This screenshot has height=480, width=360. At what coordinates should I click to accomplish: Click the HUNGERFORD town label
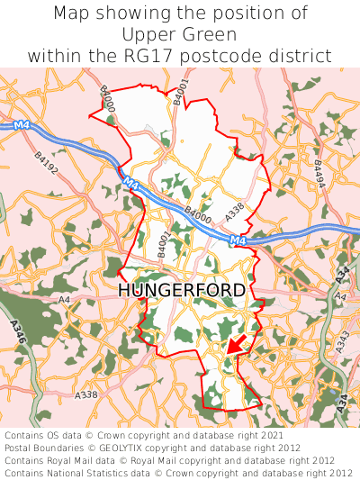(181, 290)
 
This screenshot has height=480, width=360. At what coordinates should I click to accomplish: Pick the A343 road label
(342, 341)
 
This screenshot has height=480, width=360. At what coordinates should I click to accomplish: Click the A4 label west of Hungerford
(63, 299)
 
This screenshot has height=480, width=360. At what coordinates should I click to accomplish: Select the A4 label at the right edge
(339, 296)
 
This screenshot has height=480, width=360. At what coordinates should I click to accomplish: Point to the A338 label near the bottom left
(87, 395)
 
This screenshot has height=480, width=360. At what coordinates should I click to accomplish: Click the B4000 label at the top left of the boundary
(107, 99)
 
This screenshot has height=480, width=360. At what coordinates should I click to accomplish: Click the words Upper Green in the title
(180, 35)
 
